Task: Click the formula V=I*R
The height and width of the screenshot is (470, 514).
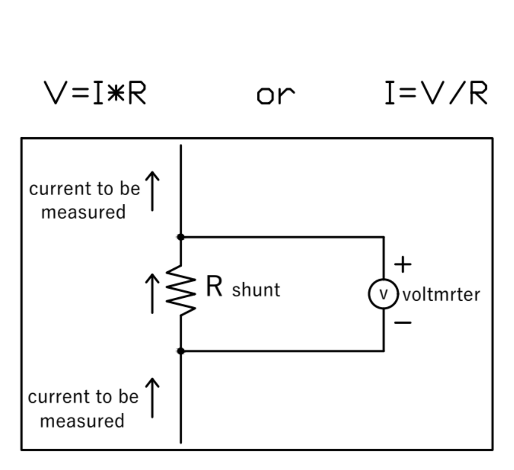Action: [x=95, y=93]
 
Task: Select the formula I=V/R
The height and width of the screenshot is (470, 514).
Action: [x=436, y=93]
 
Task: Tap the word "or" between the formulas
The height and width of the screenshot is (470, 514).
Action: [x=275, y=96]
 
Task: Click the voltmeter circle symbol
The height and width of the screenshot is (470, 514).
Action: [x=383, y=294]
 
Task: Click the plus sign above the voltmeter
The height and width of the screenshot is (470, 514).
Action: [x=403, y=265]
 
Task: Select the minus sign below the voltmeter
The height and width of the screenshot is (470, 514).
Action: [x=403, y=323]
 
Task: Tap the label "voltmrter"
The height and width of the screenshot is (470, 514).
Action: [x=441, y=295]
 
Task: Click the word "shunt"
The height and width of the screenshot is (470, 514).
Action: [x=256, y=290]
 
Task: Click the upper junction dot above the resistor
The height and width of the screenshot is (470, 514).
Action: [x=181, y=237]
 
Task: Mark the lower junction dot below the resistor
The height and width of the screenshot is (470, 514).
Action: [x=181, y=351]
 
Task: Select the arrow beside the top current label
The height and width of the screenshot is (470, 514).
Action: [x=152, y=191]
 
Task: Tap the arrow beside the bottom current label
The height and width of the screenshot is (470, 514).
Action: [x=152, y=398]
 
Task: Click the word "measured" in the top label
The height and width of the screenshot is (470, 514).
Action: [x=83, y=212]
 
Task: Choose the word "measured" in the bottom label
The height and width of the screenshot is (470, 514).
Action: [x=82, y=421]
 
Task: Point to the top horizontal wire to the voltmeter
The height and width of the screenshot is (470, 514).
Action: [x=282, y=237]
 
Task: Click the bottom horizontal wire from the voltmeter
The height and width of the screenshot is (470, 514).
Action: [x=282, y=351]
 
